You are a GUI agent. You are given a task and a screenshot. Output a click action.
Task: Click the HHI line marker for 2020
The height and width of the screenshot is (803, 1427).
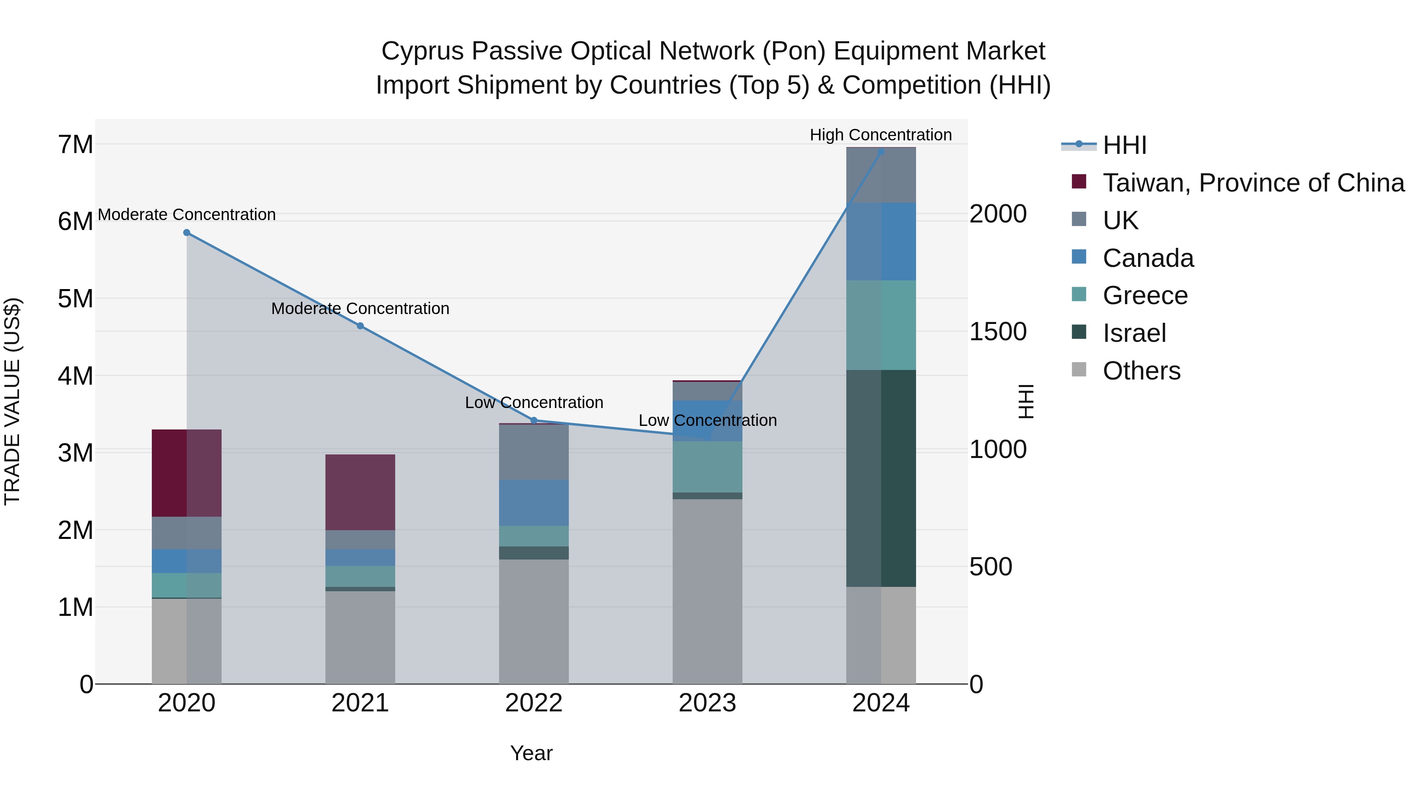pyautogui.click(x=187, y=233)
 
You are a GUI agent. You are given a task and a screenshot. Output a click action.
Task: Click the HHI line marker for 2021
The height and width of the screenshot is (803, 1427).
pyautogui.click(x=360, y=326)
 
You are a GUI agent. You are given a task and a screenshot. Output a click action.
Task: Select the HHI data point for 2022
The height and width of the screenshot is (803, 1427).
pyautogui.click(x=534, y=421)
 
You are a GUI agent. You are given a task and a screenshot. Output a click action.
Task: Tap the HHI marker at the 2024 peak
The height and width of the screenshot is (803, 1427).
pyautogui.click(x=881, y=151)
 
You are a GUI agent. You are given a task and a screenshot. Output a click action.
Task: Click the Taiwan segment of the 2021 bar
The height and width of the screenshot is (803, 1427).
pyautogui.click(x=360, y=492)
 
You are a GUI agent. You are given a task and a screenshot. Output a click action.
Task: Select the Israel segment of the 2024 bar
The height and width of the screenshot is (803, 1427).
pyautogui.click(x=881, y=478)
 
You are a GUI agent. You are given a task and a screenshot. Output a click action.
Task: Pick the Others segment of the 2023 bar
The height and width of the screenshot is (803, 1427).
pyautogui.click(x=708, y=591)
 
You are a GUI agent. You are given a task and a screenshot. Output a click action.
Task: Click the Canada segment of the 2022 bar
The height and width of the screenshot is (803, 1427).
pyautogui.click(x=534, y=503)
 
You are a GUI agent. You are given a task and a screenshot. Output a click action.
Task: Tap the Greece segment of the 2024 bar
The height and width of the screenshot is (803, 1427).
pyautogui.click(x=881, y=325)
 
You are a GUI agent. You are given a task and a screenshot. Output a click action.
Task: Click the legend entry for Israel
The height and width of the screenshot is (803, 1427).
pyautogui.click(x=1134, y=333)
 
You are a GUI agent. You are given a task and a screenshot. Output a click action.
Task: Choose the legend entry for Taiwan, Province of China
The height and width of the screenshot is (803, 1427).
pyautogui.click(x=1253, y=183)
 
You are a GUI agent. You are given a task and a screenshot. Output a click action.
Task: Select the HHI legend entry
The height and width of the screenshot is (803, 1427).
pyautogui.click(x=1124, y=145)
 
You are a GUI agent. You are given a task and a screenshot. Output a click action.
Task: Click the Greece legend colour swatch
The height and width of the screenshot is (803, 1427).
pyautogui.click(x=1079, y=294)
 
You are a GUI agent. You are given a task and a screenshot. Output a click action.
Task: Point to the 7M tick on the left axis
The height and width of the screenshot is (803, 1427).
pyautogui.click(x=76, y=145)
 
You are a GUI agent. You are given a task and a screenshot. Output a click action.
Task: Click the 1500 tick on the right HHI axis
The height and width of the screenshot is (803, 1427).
pyautogui.click(x=998, y=332)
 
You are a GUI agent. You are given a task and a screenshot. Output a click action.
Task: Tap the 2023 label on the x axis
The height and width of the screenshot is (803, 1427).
pyautogui.click(x=708, y=703)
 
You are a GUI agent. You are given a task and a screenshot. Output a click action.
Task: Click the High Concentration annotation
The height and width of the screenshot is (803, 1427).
pyautogui.click(x=881, y=135)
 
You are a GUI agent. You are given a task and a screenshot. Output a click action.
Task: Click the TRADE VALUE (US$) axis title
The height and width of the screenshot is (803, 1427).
pyautogui.click(x=12, y=401)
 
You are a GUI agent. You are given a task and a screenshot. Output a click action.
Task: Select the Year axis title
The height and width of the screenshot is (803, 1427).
pyautogui.click(x=531, y=753)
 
